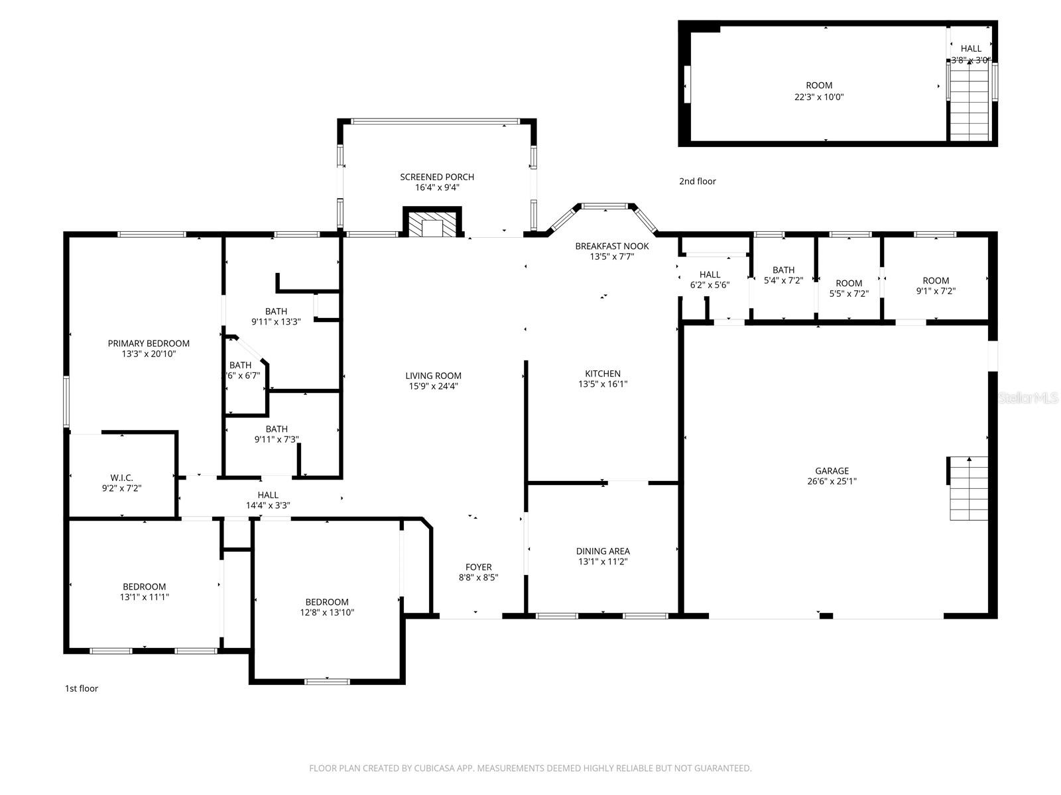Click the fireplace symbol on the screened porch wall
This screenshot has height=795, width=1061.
432,223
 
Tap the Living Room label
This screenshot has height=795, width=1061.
433,376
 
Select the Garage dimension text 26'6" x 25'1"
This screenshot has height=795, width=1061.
832,482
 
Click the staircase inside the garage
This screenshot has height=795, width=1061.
967,488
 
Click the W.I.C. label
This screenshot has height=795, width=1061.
121,478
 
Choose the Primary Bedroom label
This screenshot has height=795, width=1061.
149,343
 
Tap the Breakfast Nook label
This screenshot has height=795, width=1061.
611,246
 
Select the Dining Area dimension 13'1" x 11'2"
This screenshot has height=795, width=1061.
603,562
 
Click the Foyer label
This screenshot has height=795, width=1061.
478,567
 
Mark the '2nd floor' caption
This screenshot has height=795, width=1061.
697,182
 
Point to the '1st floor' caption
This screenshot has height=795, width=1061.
81,688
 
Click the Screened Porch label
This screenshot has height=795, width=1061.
436,177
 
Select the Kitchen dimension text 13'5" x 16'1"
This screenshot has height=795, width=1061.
603,384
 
